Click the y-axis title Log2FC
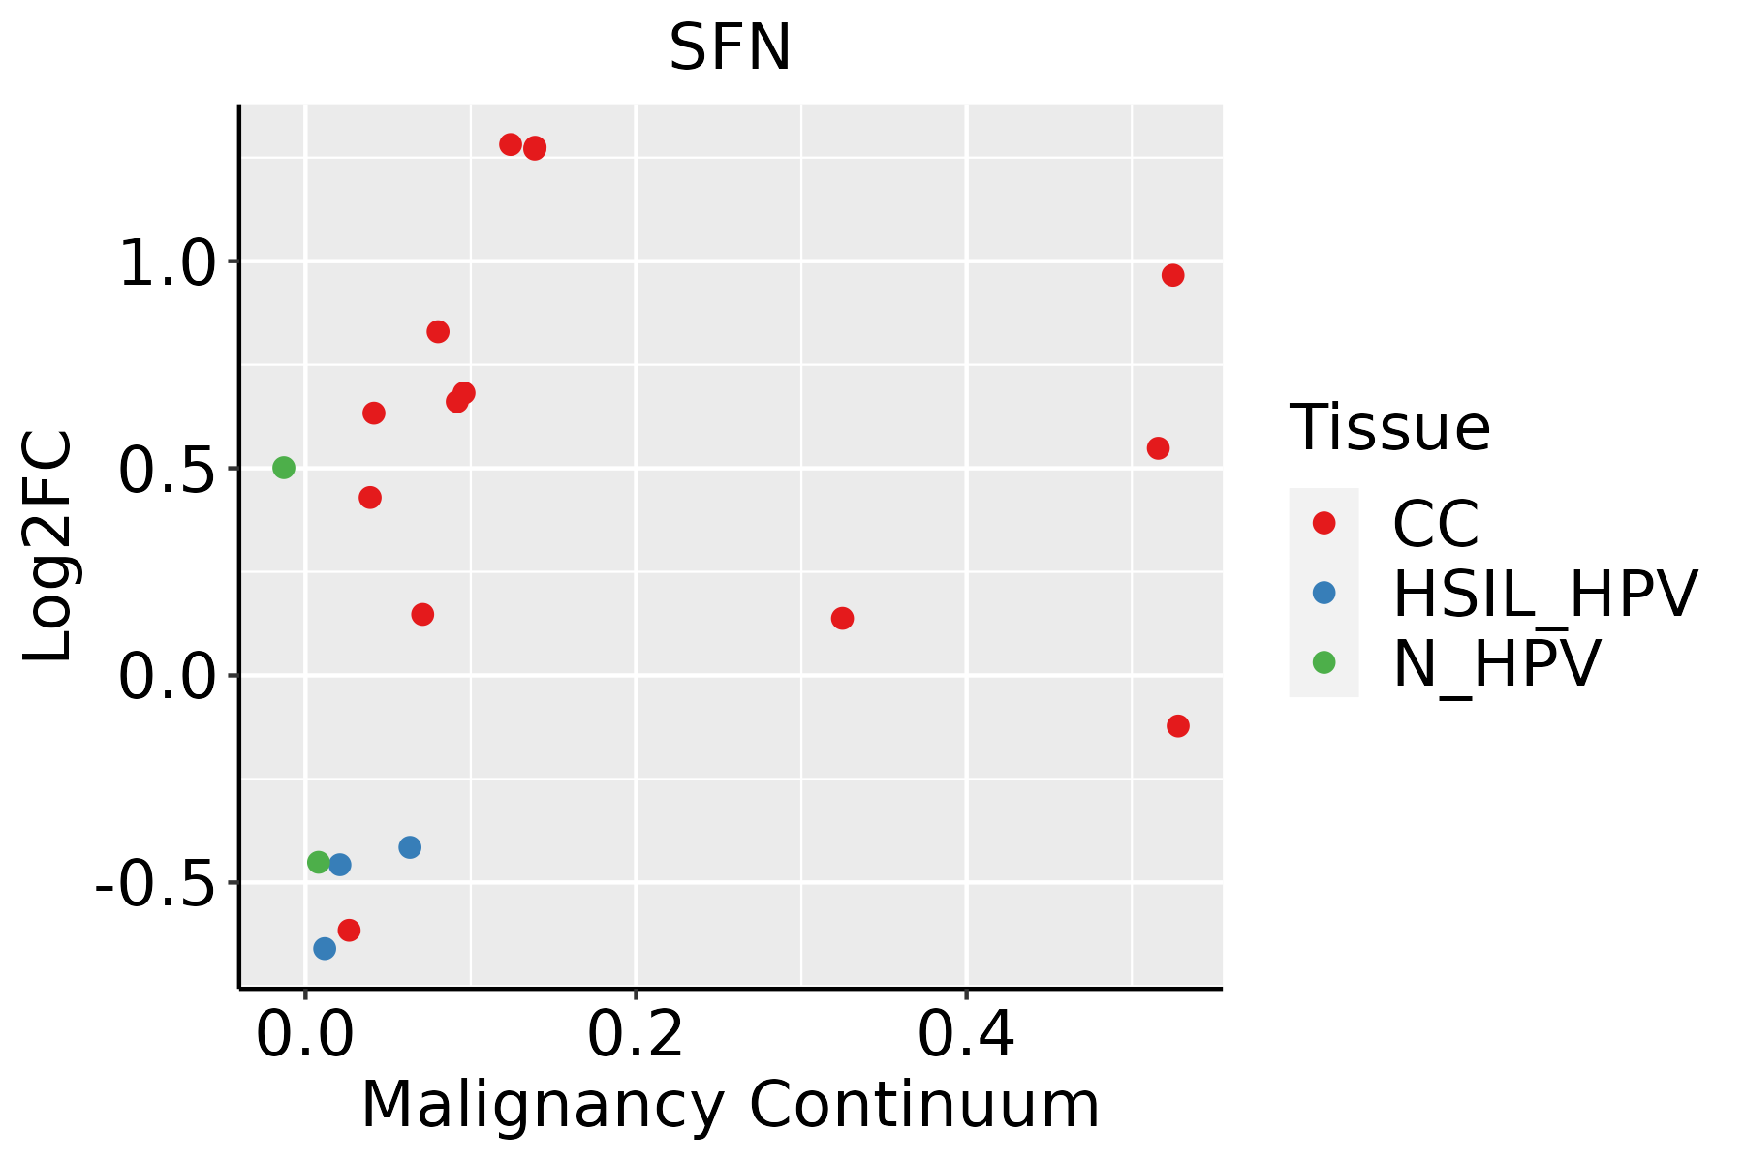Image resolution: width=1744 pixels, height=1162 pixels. (x=48, y=547)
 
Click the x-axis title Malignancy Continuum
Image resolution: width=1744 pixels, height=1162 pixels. (x=730, y=1105)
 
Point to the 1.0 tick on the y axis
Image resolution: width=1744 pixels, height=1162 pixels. (x=166, y=261)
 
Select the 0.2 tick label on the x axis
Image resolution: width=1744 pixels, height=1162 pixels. (x=636, y=1035)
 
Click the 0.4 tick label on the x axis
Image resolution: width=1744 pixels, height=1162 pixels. (x=966, y=1035)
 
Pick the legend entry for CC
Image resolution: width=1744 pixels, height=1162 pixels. (x=1435, y=524)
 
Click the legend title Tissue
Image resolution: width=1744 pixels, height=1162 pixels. (x=1389, y=427)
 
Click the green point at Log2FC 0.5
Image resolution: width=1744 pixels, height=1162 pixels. (x=284, y=468)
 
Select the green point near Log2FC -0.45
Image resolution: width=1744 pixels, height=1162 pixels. (x=319, y=862)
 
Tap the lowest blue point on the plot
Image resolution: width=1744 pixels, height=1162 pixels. (x=325, y=948)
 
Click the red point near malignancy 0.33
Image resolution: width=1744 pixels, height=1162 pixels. (x=842, y=618)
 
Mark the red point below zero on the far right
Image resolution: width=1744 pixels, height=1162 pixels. (x=1178, y=725)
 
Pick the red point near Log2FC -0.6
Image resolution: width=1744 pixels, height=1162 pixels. (x=349, y=930)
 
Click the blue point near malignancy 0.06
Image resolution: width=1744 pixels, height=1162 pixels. (x=410, y=847)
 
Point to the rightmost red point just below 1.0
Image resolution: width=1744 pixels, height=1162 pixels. (x=1172, y=275)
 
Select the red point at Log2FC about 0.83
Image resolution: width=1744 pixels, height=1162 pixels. (x=438, y=331)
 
